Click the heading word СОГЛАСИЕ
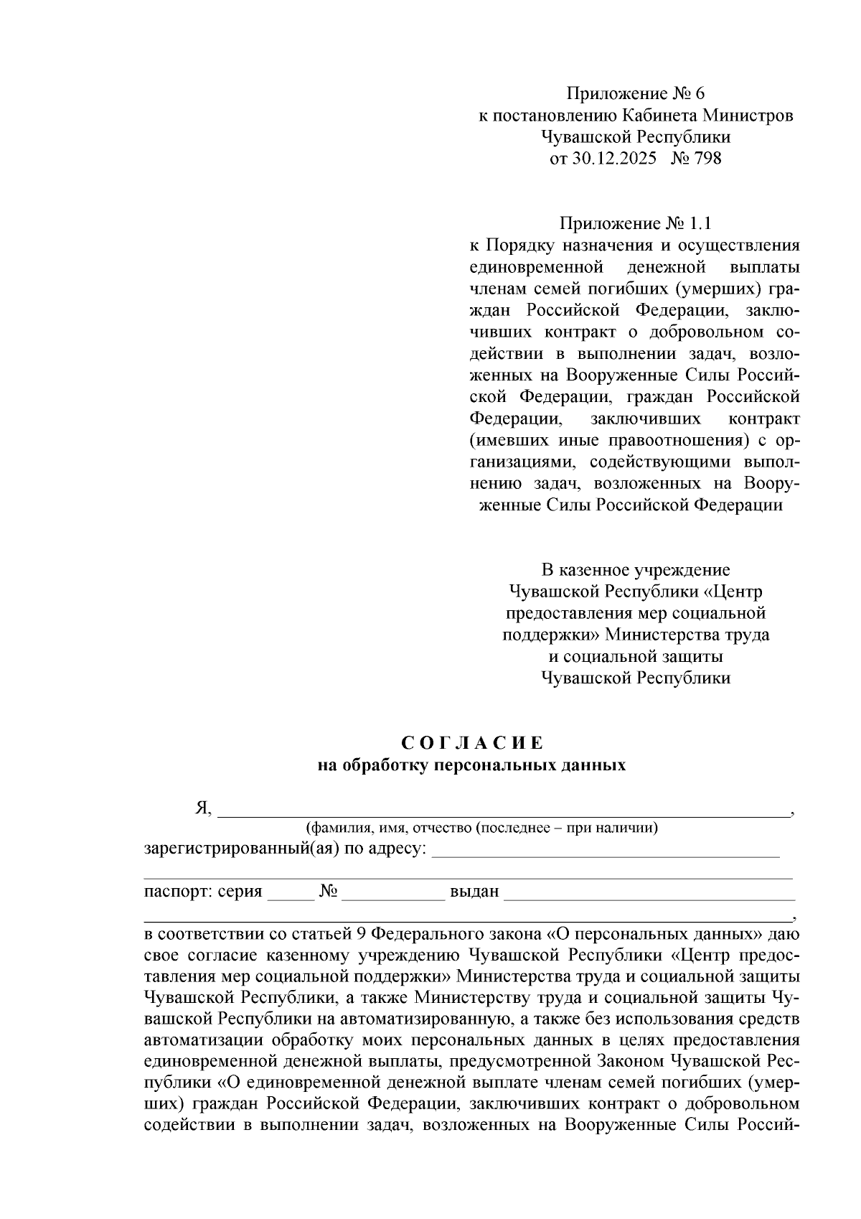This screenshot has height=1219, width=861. coord(472,742)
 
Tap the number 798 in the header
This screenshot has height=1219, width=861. coord(707,159)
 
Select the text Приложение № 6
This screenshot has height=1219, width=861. coord(636,94)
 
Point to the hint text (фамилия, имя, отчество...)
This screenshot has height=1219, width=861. coord(481,828)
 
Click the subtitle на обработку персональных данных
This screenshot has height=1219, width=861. coord(472,765)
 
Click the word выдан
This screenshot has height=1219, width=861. coord(474,892)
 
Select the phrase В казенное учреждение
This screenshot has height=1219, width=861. coord(636,571)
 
